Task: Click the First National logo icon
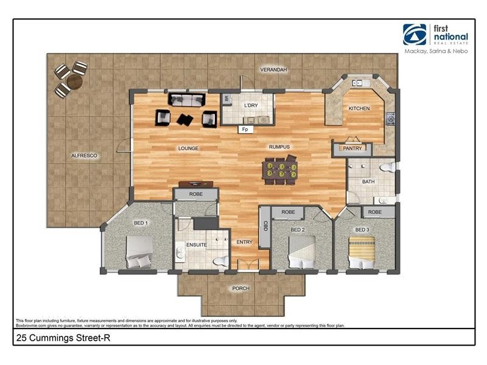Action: tap(415, 35)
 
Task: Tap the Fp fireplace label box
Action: tap(245, 130)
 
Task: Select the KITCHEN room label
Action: tap(359, 108)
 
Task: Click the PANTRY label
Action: tap(352, 148)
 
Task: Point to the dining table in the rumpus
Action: tap(280, 170)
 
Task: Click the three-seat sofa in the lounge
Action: tap(186, 99)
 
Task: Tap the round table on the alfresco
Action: tap(74, 82)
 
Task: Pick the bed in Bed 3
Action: tap(362, 252)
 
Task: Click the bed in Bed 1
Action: tap(139, 252)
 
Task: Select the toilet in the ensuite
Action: tap(221, 261)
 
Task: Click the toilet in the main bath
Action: tap(388, 167)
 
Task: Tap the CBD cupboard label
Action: tap(265, 226)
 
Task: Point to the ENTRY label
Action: tap(245, 242)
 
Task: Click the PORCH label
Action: tap(240, 288)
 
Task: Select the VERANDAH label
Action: tap(273, 70)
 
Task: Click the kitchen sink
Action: tap(357, 83)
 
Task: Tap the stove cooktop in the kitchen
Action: tap(390, 119)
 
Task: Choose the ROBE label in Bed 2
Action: tap(288, 212)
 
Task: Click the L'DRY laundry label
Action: tap(251, 105)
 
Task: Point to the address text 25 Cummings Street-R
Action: tap(63, 338)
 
